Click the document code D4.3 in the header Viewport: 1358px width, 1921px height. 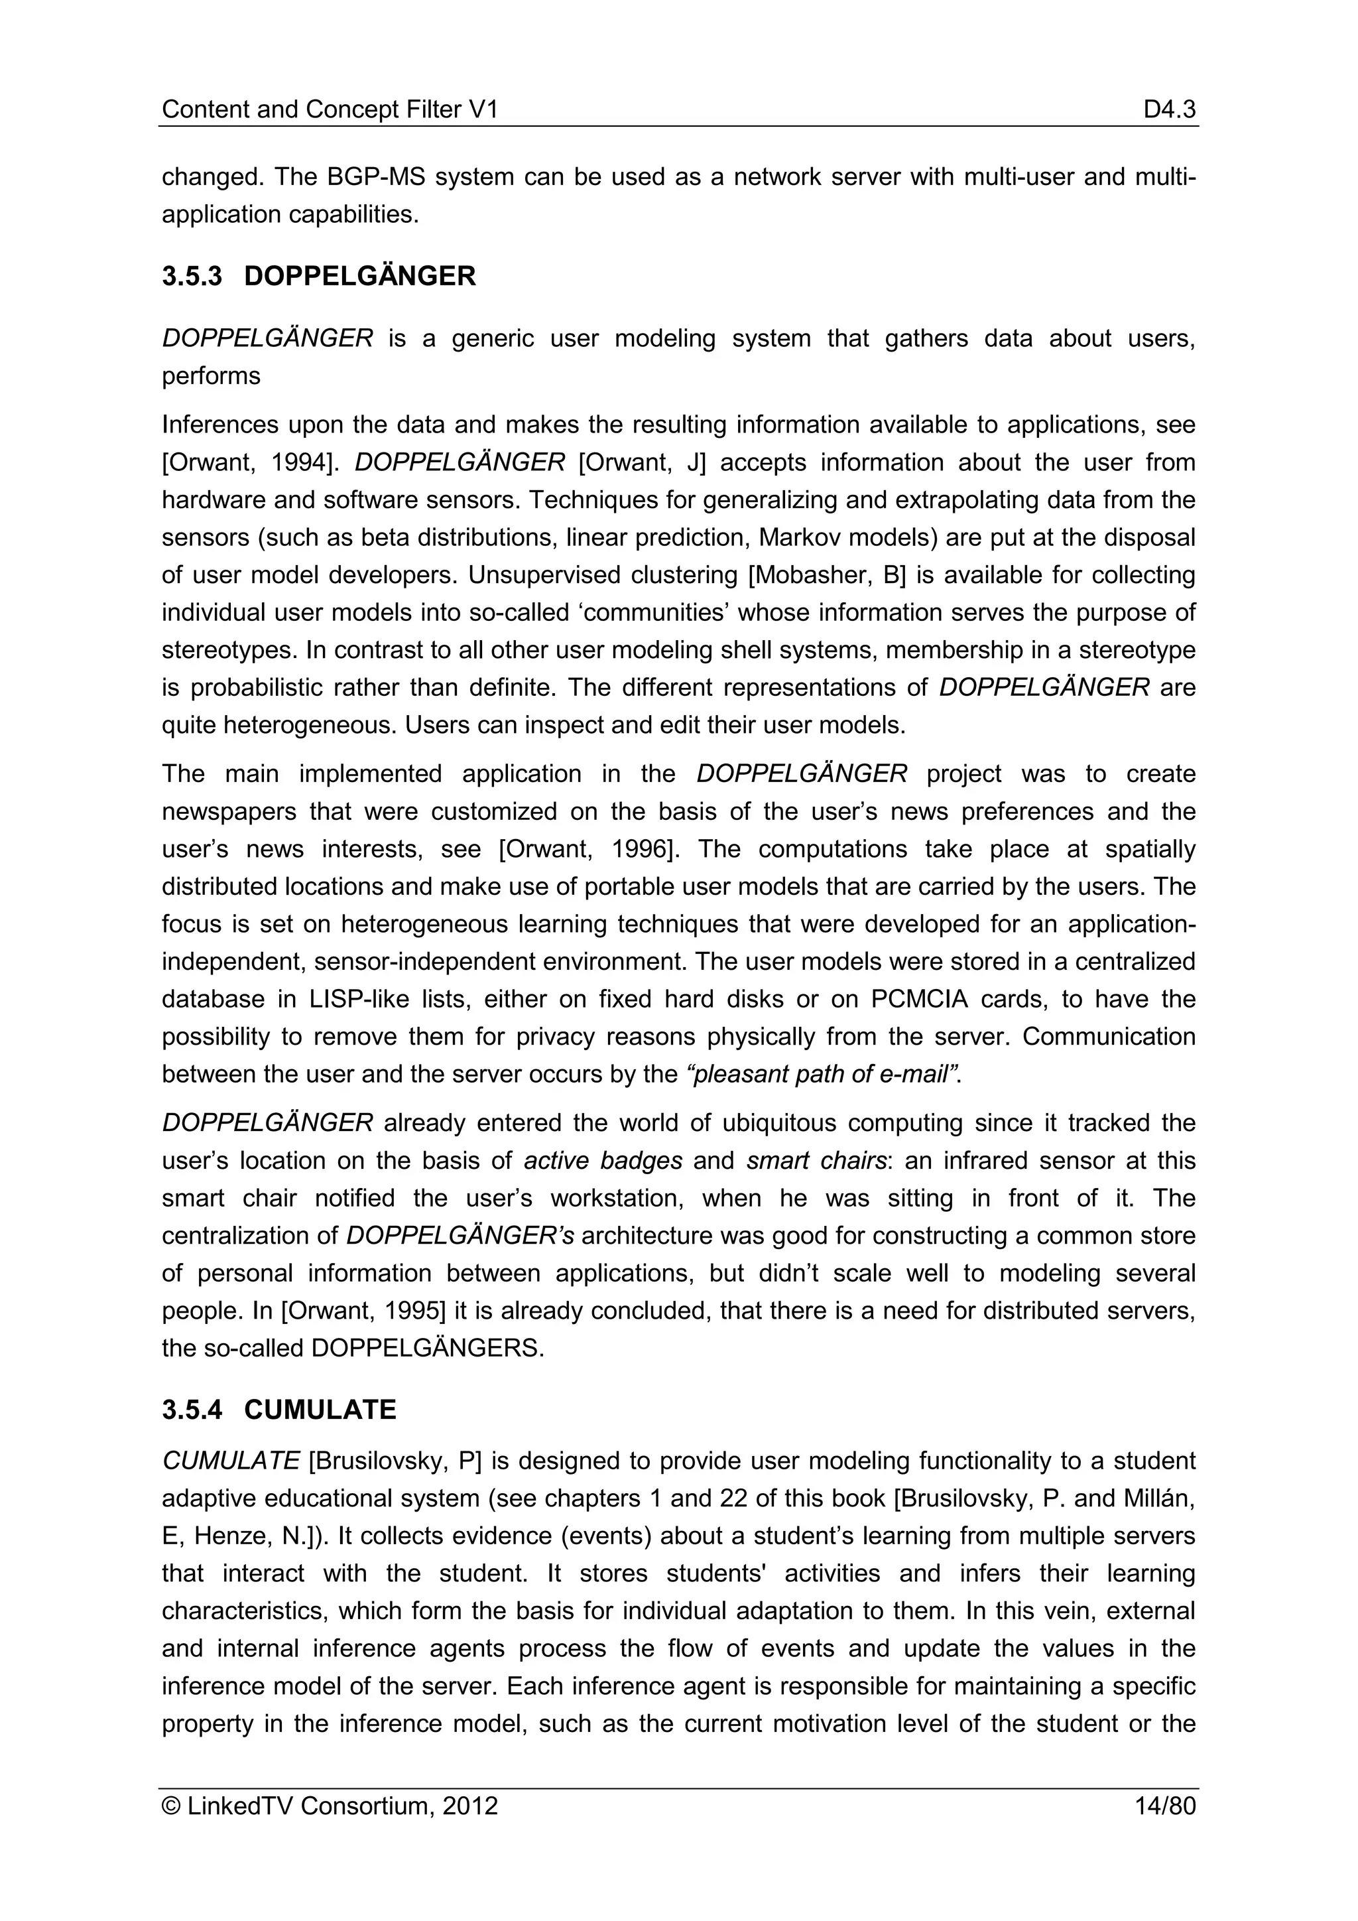coord(1170,109)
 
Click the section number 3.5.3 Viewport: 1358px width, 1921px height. coord(192,277)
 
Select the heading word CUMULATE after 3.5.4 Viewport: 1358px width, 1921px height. coord(320,1410)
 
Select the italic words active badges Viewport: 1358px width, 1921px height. coord(603,1161)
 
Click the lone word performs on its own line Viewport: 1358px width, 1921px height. coord(211,377)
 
